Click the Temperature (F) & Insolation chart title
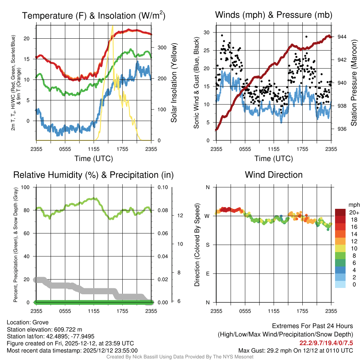[94, 15]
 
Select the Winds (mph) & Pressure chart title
[274, 15]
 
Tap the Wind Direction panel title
[274, 175]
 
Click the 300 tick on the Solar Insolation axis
[162, 47]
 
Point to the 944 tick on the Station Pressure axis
[342, 37]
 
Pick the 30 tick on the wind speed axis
[207, 32]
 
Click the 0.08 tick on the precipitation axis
[163, 210]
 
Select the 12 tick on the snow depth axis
[180, 216]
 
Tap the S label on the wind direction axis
[208, 245]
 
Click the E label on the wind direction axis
[208, 274]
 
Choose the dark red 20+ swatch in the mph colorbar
[340, 212]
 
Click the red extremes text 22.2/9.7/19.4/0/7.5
[326, 343]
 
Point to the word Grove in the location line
[40, 322]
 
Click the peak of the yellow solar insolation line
[112, 26]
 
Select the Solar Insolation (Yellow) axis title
[174, 83]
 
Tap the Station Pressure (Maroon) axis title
[354, 83]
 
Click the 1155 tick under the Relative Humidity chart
[94, 311]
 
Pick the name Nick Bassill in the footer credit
[146, 357]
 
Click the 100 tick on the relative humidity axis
[25, 187]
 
